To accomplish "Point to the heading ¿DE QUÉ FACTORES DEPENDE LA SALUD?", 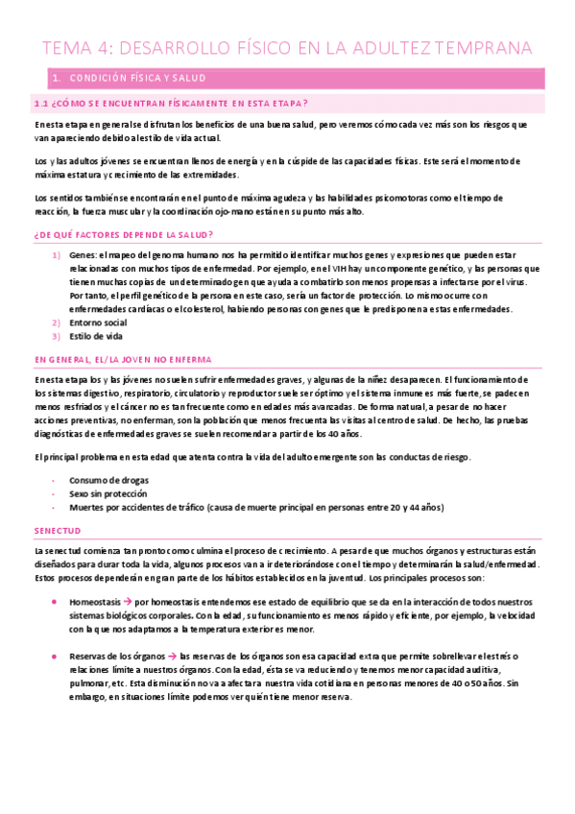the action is (123, 235).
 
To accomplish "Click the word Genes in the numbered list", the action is (84, 255).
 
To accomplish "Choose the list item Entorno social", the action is (98, 323).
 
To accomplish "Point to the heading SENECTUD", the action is (58, 529).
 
